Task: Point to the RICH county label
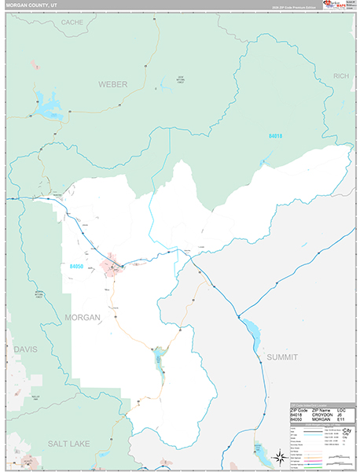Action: [x=340, y=76]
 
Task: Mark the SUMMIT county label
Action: [x=281, y=357]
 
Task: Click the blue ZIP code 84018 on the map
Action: [x=274, y=136]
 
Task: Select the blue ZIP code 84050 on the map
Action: [x=75, y=267]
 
